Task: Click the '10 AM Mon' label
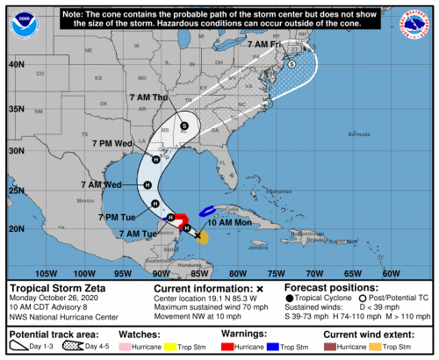click(227, 223)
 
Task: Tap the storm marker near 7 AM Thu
click(184, 126)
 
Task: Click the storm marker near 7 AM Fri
click(292, 64)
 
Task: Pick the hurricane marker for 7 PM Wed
click(155, 159)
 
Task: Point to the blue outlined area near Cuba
click(209, 211)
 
